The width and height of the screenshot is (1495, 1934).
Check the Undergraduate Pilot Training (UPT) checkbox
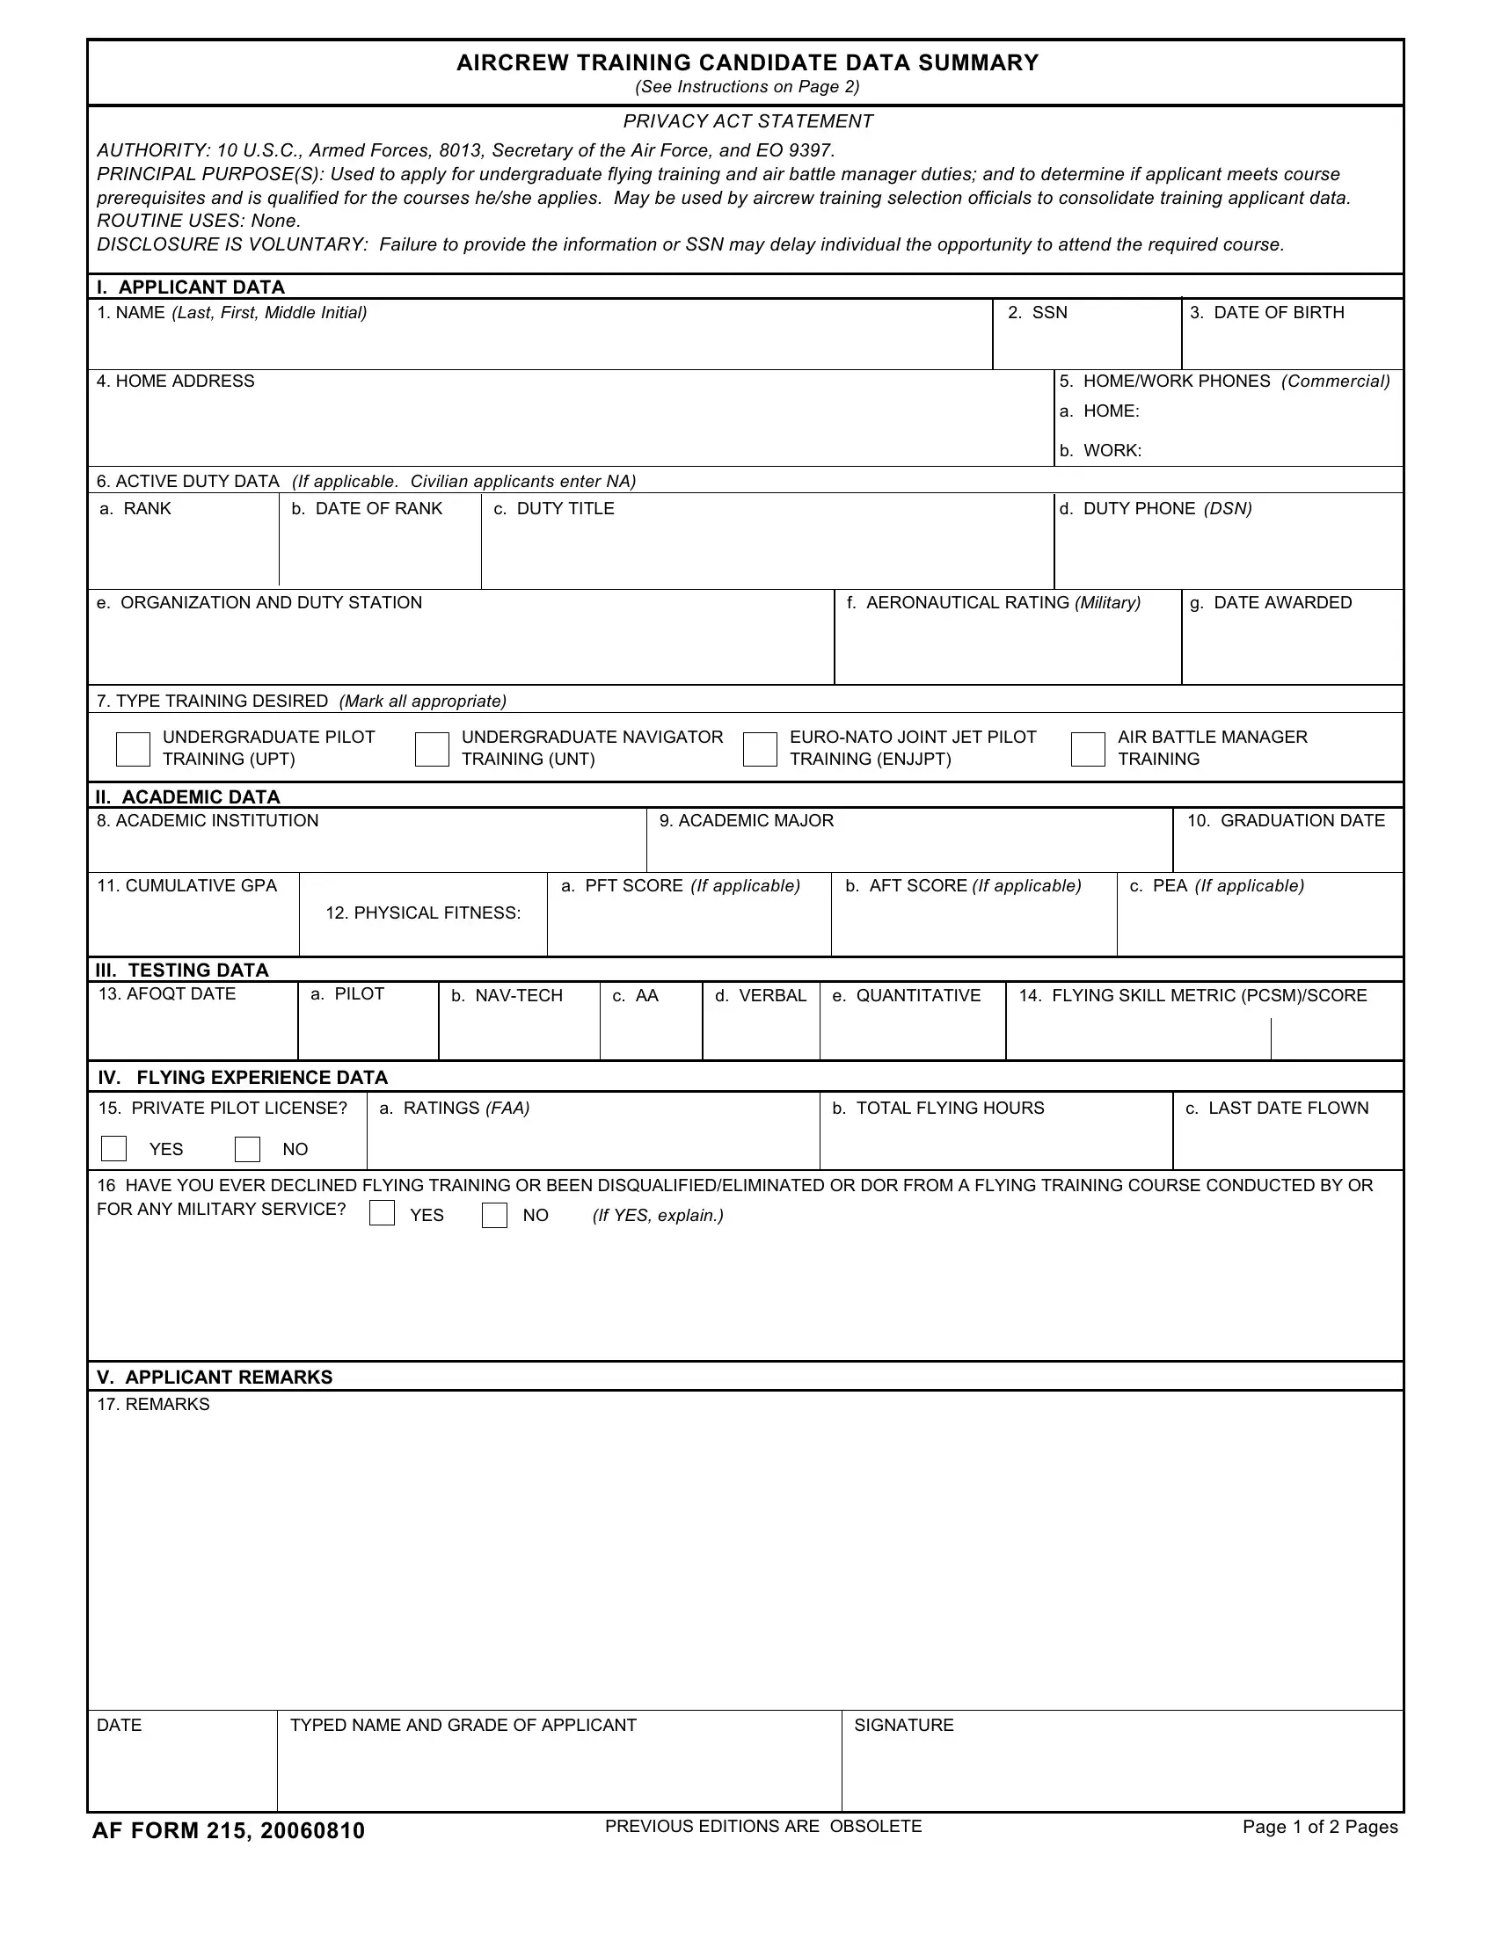[133, 748]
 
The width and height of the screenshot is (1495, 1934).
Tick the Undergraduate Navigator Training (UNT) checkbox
[432, 748]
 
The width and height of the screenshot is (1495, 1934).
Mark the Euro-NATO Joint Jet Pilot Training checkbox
[760, 748]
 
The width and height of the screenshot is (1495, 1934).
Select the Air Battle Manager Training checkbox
[1088, 748]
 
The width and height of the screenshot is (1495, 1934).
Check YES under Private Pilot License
[114, 1149]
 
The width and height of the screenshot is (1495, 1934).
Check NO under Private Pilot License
[247, 1149]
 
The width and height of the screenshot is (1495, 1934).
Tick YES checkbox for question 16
[382, 1213]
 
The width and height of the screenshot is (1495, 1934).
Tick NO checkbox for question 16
[494, 1215]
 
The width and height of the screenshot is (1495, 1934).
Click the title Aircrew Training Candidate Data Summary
[747, 63]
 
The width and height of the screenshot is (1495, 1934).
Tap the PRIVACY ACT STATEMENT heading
[747, 121]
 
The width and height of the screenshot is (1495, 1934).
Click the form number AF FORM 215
[228, 1831]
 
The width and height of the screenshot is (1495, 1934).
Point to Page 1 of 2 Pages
[1320, 1827]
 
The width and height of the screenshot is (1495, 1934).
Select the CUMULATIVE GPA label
[186, 885]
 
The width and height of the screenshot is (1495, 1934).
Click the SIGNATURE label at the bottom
[903, 1725]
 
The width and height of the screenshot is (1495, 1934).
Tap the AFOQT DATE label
[166, 993]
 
